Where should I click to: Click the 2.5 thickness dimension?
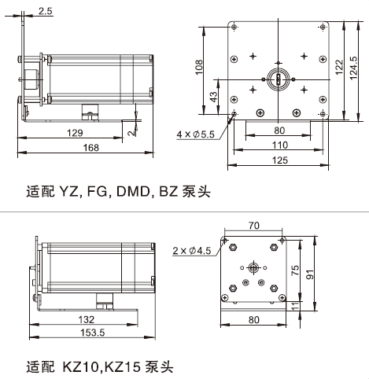coord(46,11)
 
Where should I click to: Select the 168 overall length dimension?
coord(91,148)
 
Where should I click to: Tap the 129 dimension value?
coord(75,133)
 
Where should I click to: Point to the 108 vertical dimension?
coord(199,67)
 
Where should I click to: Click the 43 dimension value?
coord(214,97)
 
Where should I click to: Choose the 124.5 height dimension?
coord(353,68)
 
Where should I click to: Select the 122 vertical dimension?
coord(339,67)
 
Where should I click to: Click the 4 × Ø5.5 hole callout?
coord(195,134)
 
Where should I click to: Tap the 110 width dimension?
coord(280,145)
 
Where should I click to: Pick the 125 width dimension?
coord(280,160)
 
